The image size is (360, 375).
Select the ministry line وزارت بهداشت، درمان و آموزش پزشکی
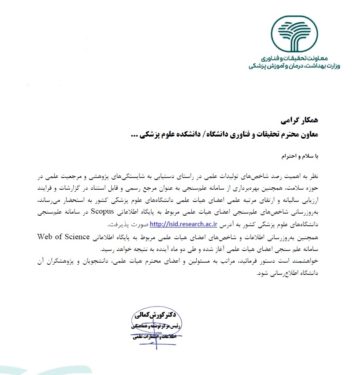pos(294,66)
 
